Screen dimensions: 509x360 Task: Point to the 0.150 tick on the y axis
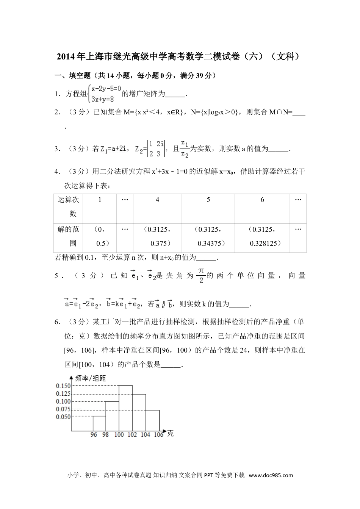click(63, 386)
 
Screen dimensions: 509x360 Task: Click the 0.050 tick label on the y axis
click(63, 417)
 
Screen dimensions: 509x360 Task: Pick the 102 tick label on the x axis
click(132, 435)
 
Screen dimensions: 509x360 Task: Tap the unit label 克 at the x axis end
click(170, 434)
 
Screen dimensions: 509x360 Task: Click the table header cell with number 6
click(262, 200)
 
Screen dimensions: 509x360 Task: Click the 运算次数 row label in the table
click(68, 207)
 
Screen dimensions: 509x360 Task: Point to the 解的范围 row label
click(68, 236)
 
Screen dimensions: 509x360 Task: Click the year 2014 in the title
click(66, 57)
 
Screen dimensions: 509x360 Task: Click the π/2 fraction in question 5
click(201, 276)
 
